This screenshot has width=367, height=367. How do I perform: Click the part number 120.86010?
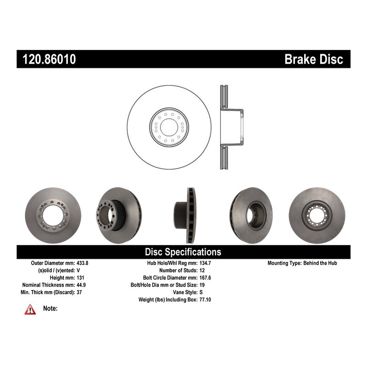point(49,59)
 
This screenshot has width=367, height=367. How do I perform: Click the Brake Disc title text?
point(314,59)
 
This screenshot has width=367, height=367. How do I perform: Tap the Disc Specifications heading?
point(183,252)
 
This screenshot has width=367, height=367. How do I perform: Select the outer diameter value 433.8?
point(83,263)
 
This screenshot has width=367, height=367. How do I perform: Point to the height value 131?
point(80,278)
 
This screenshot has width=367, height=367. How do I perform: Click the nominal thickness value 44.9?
point(81,285)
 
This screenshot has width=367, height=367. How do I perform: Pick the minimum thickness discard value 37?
point(79,292)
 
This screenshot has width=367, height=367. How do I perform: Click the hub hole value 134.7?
point(205,263)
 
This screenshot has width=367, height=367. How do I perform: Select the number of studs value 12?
point(202,270)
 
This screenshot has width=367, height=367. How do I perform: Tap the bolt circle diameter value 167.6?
point(205,278)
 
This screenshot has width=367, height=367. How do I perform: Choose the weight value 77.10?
point(205,300)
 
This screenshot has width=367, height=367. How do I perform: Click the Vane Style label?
point(185,292)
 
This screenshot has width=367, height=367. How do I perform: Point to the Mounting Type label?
point(284,263)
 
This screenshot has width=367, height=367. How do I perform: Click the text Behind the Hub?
point(320,263)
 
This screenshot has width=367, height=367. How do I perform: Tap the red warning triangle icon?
point(30,309)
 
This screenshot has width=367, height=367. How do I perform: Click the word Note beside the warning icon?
point(50,308)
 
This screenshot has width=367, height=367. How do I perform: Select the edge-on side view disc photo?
point(185,215)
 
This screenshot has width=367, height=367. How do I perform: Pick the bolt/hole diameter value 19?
point(202,285)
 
